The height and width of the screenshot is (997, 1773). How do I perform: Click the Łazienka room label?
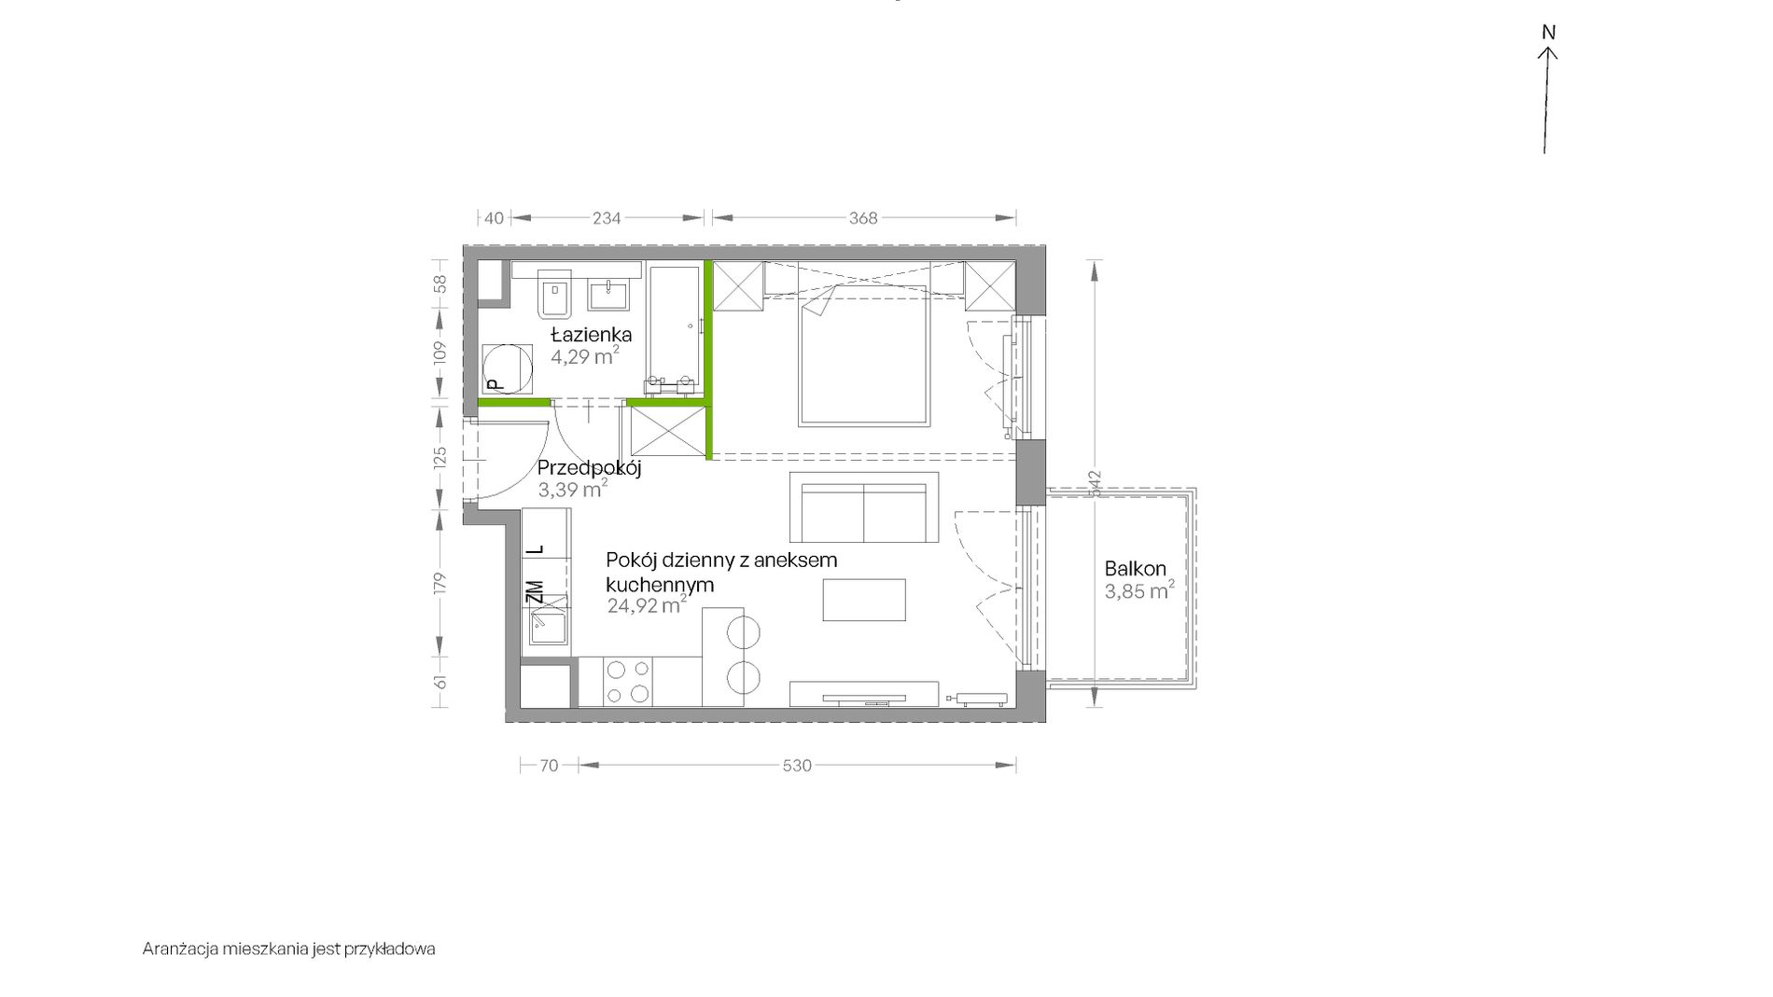pyautogui.click(x=591, y=334)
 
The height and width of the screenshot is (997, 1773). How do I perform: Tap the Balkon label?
pyautogui.click(x=1135, y=568)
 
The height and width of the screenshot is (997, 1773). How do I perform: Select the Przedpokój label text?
pyautogui.click(x=589, y=469)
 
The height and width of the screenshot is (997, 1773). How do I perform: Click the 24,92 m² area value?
pyautogui.click(x=647, y=605)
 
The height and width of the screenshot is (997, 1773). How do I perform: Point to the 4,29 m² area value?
pyautogui.click(x=584, y=356)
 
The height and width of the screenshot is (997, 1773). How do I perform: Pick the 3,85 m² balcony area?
pyautogui.click(x=1138, y=590)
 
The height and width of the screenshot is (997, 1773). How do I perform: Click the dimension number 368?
pyautogui.click(x=863, y=218)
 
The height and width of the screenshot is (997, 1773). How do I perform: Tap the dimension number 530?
pyautogui.click(x=796, y=766)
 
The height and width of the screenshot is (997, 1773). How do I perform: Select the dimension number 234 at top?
pyautogui.click(x=607, y=218)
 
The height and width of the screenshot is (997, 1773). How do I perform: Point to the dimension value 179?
pyautogui.click(x=441, y=583)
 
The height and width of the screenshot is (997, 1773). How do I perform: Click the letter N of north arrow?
pyautogui.click(x=1548, y=33)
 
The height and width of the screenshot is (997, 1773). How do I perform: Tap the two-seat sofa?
pyautogui.click(x=864, y=507)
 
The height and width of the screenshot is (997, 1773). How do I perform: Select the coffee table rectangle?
pyautogui.click(x=863, y=600)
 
